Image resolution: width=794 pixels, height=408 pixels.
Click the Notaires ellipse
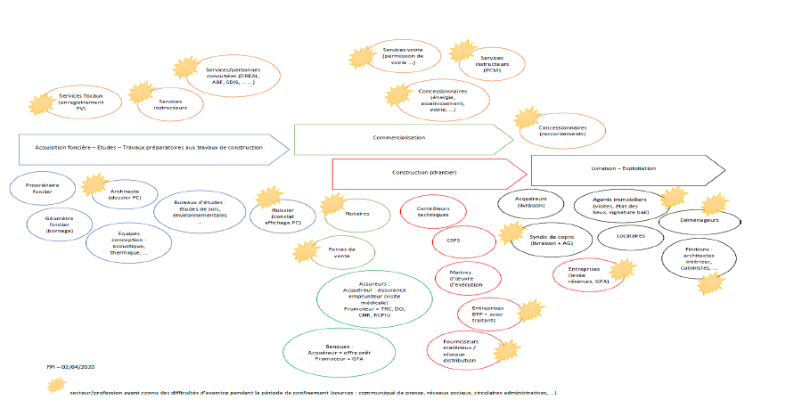coord(356,215)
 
